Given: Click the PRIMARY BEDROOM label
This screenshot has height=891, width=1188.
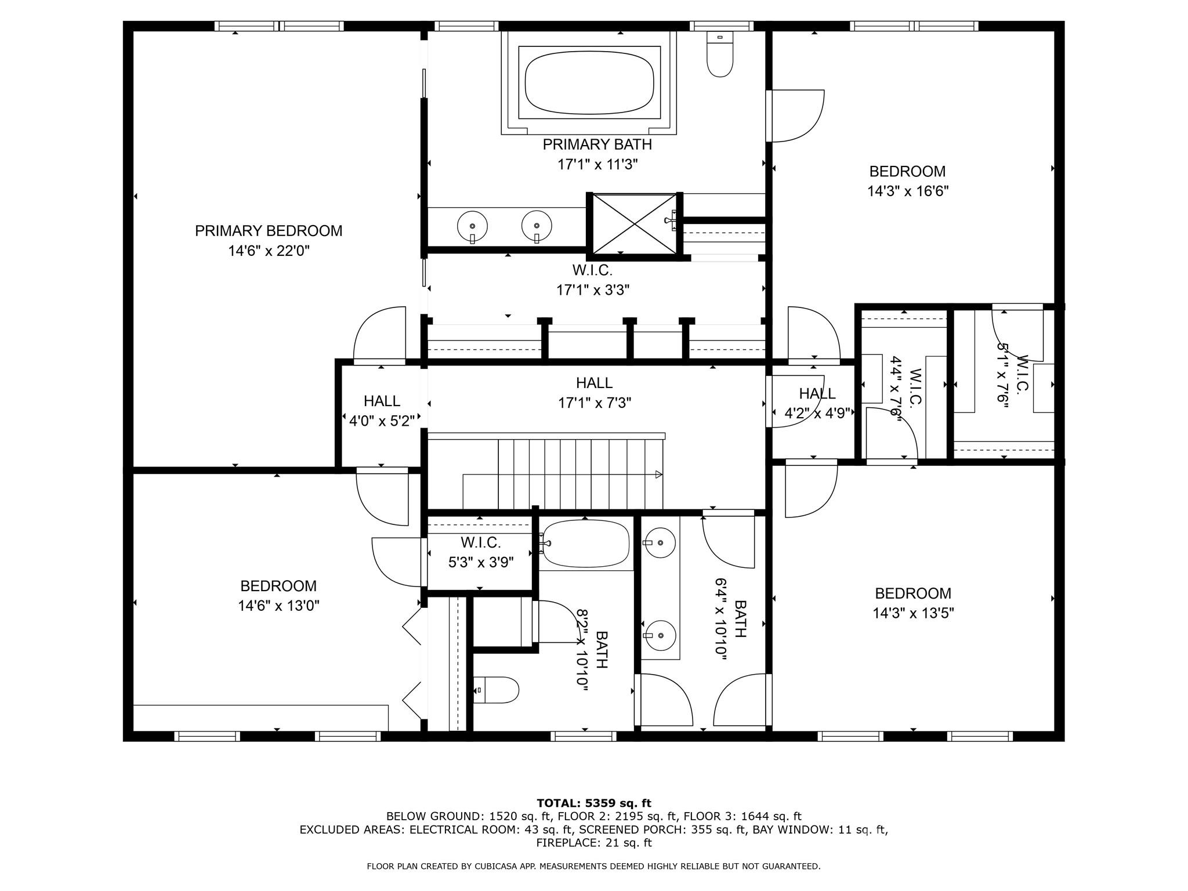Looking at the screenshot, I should (269, 231).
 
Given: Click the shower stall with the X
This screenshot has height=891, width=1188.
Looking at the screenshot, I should (635, 224).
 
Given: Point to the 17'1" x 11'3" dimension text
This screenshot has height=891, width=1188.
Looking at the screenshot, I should (597, 165).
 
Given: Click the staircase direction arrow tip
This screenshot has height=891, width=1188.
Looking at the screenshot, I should (660, 475).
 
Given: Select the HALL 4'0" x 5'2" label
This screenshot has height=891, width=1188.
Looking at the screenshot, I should (382, 411).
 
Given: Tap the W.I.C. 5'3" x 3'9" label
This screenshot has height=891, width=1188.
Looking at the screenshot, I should (481, 552).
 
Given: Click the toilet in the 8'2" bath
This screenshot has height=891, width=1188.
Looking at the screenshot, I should (497, 690).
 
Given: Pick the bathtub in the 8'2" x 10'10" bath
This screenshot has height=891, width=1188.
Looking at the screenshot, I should (586, 544).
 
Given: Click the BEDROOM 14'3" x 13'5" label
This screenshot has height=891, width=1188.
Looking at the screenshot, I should (913, 603).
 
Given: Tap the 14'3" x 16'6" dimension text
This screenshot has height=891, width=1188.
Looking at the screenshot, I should (907, 191).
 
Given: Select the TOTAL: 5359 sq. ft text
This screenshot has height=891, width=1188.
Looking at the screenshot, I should (594, 803).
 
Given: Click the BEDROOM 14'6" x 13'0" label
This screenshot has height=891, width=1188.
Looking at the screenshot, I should (278, 595).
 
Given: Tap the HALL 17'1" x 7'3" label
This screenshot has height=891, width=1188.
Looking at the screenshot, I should (594, 392).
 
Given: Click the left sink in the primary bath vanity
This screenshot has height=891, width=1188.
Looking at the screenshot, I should (472, 226).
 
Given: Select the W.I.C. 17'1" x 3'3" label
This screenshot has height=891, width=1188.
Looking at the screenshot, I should (593, 280).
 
